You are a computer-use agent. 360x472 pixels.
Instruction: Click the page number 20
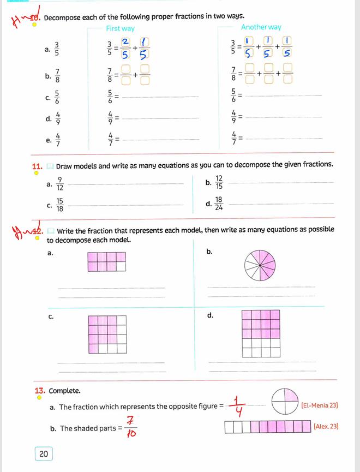pyautogui.click(x=44, y=453)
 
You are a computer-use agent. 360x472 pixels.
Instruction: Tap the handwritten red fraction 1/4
pyautogui.click(x=237, y=406)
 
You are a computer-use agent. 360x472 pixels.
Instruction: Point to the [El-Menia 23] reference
pyautogui.click(x=320, y=405)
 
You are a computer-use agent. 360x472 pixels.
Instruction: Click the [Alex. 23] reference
pyautogui.click(x=326, y=426)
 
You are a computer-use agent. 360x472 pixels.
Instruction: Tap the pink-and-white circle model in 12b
pyautogui.click(x=260, y=266)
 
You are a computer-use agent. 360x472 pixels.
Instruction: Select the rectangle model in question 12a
pyautogui.click(x=106, y=261)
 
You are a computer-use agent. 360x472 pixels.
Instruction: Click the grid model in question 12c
pyautogui.click(x=107, y=334)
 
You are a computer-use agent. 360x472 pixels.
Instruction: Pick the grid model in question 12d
pyautogui.click(x=261, y=333)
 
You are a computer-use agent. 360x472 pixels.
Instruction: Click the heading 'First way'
pyautogui.click(x=120, y=28)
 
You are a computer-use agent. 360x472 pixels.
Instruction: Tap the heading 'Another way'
pyautogui.click(x=261, y=27)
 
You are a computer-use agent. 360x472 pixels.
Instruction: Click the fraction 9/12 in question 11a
pyautogui.click(x=59, y=184)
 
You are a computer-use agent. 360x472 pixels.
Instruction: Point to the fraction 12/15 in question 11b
pyautogui.click(x=219, y=183)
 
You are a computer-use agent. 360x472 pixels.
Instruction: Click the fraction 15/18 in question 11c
pyautogui.click(x=59, y=205)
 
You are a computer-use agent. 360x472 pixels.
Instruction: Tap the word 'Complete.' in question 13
pyautogui.click(x=64, y=391)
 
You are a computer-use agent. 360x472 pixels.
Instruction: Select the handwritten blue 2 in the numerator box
pyautogui.click(x=125, y=42)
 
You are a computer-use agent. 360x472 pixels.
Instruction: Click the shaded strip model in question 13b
pyautogui.click(x=267, y=426)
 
